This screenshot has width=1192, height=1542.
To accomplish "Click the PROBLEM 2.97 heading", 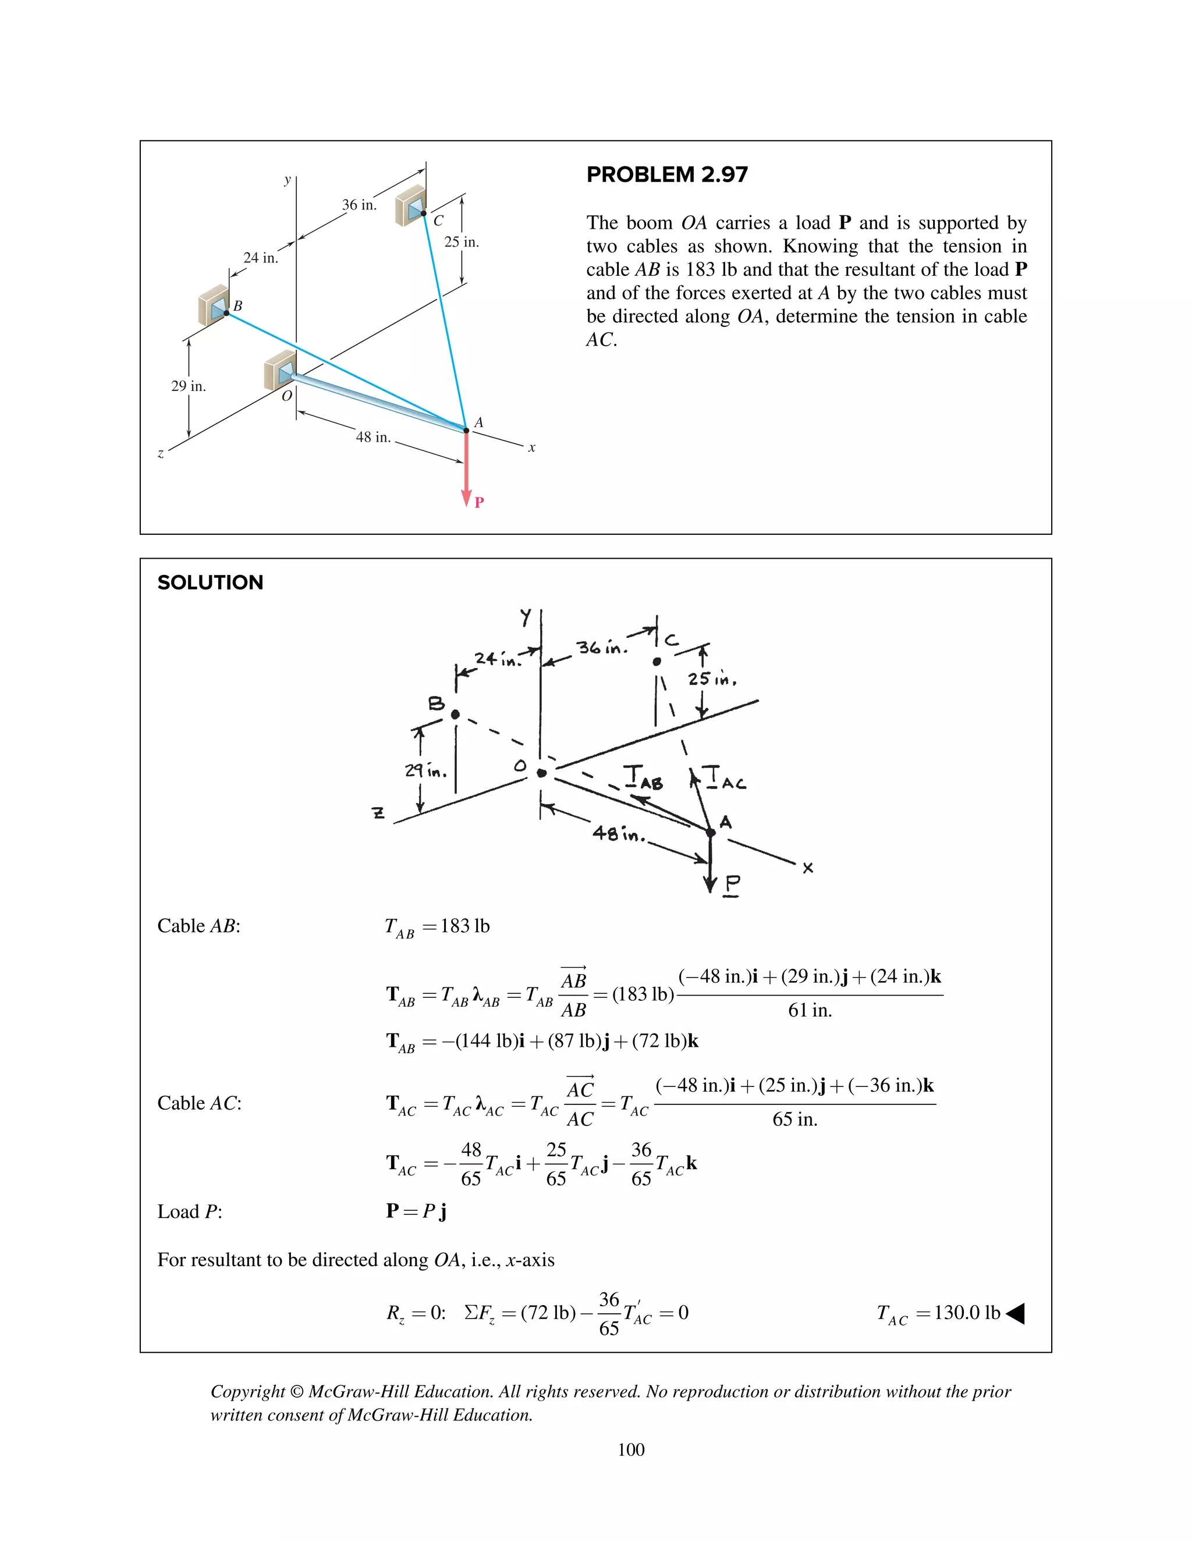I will pyautogui.click(x=666, y=175).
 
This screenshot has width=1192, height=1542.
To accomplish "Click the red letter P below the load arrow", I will pyautogui.click(x=479, y=502).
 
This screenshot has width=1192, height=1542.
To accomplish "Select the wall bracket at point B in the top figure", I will pyautogui.click(x=214, y=305).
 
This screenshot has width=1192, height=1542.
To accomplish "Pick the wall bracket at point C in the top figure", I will pyautogui.click(x=410, y=205).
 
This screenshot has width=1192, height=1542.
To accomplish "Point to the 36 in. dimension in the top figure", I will pyautogui.click(x=360, y=205).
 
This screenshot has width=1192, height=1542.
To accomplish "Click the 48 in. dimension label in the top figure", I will pyautogui.click(x=373, y=437).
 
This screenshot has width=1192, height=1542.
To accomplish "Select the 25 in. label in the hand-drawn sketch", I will pyautogui.click(x=712, y=679).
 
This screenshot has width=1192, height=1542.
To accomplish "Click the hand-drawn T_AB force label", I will pyautogui.click(x=643, y=777).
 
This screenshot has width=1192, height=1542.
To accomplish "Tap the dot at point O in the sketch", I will pyautogui.click(x=542, y=773).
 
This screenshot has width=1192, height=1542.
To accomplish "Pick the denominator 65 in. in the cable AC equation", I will pyautogui.click(x=794, y=1119).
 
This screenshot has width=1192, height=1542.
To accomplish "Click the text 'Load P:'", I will pyautogui.click(x=189, y=1211).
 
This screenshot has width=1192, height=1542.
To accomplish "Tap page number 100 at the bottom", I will pyautogui.click(x=630, y=1449).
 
